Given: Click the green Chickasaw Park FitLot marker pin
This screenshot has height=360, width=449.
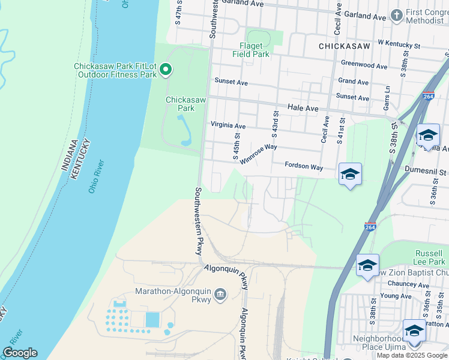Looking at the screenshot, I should pyautogui.click(x=166, y=70).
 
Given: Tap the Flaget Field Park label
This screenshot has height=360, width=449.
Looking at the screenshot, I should pyautogui.click(x=251, y=49).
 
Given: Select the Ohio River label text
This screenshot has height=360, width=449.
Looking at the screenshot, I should pyautogui.click(x=96, y=176).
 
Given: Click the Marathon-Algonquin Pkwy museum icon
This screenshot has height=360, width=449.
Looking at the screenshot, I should pyautogui.click(x=220, y=295).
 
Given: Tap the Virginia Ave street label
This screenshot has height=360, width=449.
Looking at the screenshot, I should pyautogui.click(x=228, y=126).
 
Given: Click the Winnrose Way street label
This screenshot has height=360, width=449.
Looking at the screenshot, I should pyautogui.click(x=258, y=153).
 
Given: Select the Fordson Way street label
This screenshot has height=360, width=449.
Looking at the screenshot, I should pyautogui.click(x=304, y=166).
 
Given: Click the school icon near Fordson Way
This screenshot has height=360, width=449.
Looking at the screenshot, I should pyautogui.click(x=350, y=175).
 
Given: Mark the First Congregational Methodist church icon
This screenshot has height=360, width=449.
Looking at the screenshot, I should pyautogui.click(x=396, y=15).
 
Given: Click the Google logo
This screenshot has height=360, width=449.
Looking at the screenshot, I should pyautogui.click(x=20, y=353).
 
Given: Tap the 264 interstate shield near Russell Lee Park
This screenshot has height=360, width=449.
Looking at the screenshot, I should pyautogui.click(x=370, y=226).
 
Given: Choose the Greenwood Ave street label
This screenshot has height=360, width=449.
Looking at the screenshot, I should pyautogui.click(x=364, y=65).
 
